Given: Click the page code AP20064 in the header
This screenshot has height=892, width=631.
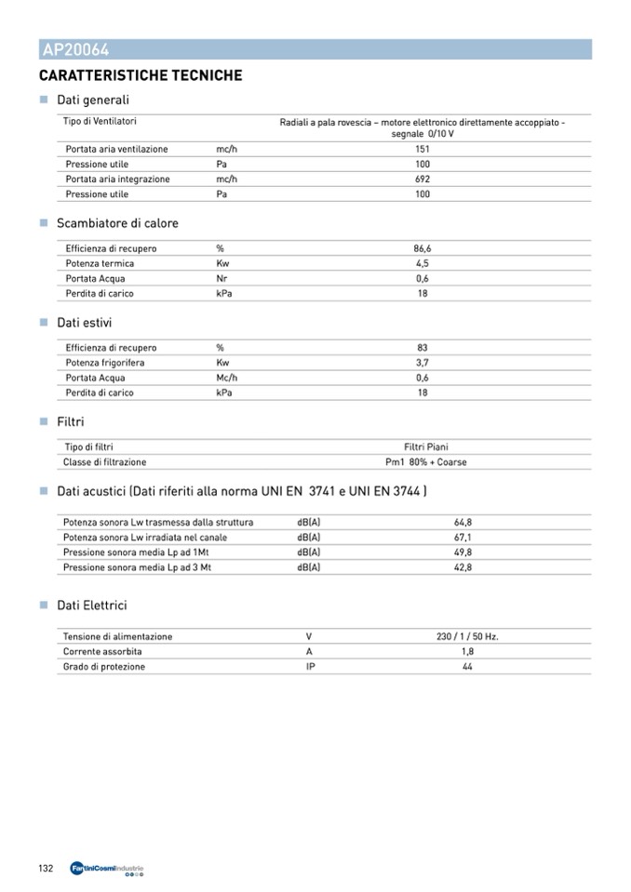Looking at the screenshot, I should coord(75,50).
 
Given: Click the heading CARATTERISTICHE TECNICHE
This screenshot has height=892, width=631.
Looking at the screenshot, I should coord(141,75).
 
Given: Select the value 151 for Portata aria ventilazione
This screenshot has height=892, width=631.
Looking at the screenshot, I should coord(423,149).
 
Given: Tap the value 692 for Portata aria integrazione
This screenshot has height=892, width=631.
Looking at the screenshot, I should coord(423,180).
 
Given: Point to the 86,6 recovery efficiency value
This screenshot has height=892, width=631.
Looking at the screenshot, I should coord(423,248).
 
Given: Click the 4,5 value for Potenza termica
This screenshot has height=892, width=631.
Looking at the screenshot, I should coord(423,263).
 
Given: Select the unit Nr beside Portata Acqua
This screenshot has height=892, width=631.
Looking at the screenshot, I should coord(222,278).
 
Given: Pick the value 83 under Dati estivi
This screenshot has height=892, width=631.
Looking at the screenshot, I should coord(423,348).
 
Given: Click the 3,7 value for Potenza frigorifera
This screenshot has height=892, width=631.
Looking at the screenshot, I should coord(423,363).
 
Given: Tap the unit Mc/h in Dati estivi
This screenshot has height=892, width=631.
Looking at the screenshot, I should coord(227,378).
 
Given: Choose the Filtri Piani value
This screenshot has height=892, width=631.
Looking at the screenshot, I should coord(426,447).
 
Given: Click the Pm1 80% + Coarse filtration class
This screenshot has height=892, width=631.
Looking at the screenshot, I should coord(426,462).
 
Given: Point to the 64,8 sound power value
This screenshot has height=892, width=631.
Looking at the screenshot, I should coord(463,523).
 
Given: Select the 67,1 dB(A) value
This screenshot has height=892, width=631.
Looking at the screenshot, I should coord(463,538).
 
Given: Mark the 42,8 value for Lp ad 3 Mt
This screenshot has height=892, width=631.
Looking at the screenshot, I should coord(463,567).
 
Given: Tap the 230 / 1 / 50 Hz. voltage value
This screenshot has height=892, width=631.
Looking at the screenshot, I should coord(467,637).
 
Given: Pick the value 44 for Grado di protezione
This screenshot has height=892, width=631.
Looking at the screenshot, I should coord(467,667).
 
